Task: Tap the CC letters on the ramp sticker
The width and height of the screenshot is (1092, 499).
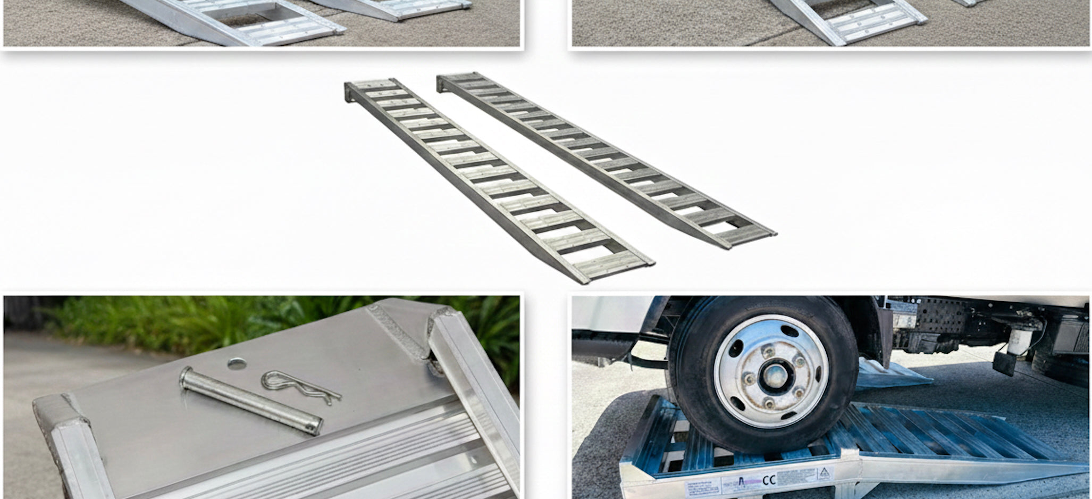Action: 769,480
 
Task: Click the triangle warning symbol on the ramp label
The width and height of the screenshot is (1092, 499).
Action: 824,472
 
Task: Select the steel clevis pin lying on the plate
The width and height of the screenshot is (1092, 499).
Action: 250,400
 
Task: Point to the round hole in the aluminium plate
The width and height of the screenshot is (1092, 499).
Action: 237,364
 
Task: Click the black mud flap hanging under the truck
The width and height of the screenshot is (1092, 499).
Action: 1004,362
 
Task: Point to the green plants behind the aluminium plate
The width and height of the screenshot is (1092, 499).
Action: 213,319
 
